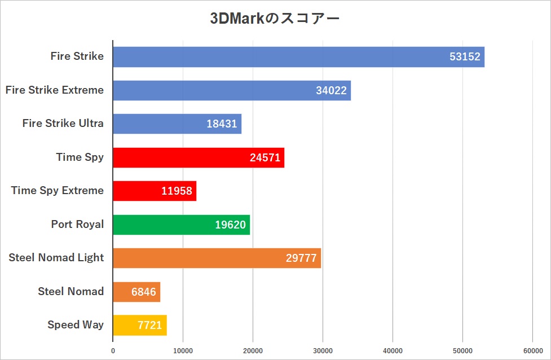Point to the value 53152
click(466, 57)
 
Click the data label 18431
click(222, 124)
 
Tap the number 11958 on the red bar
click(177, 191)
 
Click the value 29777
click(302, 258)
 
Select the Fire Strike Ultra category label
click(63, 123)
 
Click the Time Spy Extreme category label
click(58, 190)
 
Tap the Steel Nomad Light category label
click(56, 257)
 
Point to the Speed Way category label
click(76, 324)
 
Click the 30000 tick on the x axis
click(323, 350)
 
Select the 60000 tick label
click(532, 350)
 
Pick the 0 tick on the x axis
click(113, 350)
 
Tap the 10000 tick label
click(183, 350)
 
